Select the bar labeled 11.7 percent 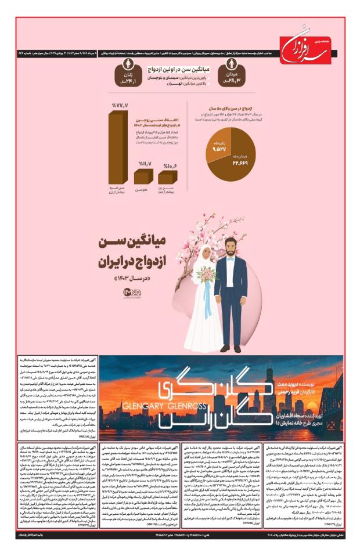coord(143,177)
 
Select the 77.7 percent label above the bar coord(120,105)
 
